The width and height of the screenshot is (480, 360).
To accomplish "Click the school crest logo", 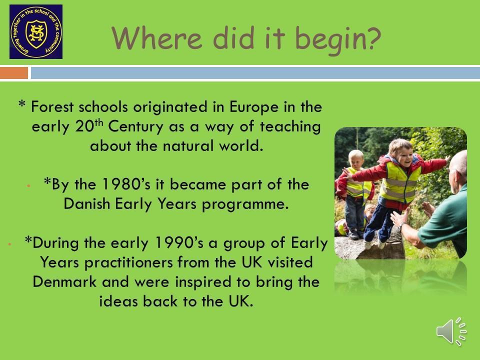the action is (x=36, y=31).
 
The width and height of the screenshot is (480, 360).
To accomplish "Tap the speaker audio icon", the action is (x=451, y=331).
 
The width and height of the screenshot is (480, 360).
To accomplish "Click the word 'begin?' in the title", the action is (x=338, y=39).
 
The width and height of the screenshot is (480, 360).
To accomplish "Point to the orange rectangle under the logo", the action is (x=14, y=73).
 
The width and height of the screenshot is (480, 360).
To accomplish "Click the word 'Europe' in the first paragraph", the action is (x=254, y=107).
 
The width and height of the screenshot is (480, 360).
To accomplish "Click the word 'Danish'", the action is (x=86, y=203).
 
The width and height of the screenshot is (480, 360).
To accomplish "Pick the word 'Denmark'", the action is (x=64, y=281).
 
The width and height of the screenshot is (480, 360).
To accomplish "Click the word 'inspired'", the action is (x=203, y=282).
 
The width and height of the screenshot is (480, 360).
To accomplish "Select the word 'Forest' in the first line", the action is (x=52, y=107).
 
